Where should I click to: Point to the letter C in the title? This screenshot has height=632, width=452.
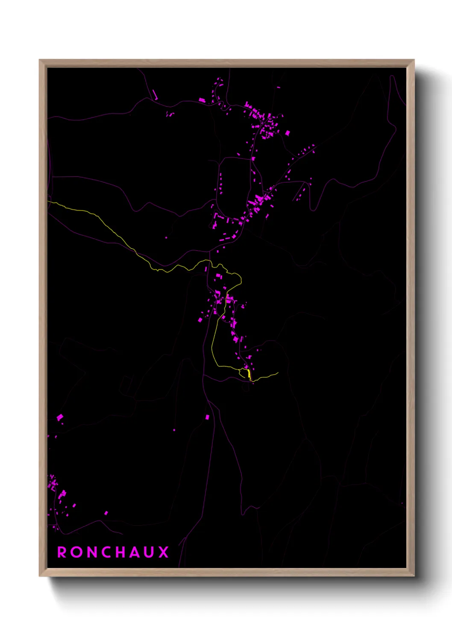pos(107,552)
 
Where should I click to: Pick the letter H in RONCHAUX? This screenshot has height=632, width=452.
pos(122,552)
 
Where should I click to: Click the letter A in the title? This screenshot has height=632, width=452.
pos(135,552)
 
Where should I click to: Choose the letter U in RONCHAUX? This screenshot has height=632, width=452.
pos(150,552)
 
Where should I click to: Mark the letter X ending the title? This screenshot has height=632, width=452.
pos(164,552)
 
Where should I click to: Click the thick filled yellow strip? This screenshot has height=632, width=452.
pos(249,374)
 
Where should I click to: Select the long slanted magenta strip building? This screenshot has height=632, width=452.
pos(155,94)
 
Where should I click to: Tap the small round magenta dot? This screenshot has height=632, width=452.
pos(174,430)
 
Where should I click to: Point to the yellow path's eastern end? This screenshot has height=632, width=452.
pos(278,372)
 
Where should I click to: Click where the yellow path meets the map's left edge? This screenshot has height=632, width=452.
pos(48,202)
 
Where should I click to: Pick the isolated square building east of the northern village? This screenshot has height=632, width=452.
pos(287,133)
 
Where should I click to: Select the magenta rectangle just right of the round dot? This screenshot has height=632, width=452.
pos(208,417)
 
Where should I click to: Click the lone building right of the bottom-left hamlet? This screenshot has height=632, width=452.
pos(106,513)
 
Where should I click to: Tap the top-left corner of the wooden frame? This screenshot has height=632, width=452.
pos(40,60)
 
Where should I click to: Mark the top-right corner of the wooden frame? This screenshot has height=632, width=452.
pos(414,60)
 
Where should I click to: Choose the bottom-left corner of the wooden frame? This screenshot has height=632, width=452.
pos(40,576)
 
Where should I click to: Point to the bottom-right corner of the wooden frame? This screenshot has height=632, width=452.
pos(414,576)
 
